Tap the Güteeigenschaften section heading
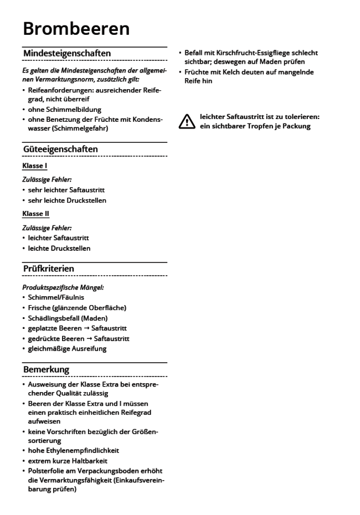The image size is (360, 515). pyautogui.click(x=60, y=149)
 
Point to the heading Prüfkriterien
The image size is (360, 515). pyautogui.click(x=49, y=269)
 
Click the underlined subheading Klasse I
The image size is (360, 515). pyautogui.click(x=34, y=166)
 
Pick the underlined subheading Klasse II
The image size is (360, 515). pyautogui.click(x=36, y=213)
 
